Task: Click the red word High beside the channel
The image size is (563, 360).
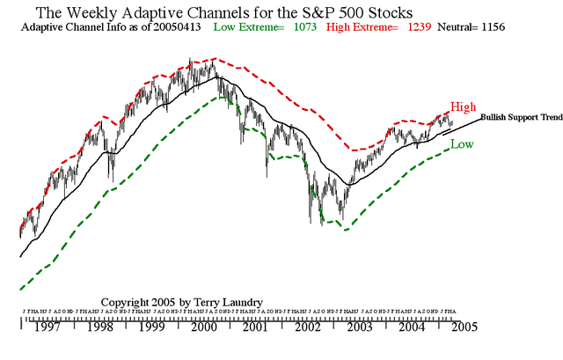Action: click(464, 106)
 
